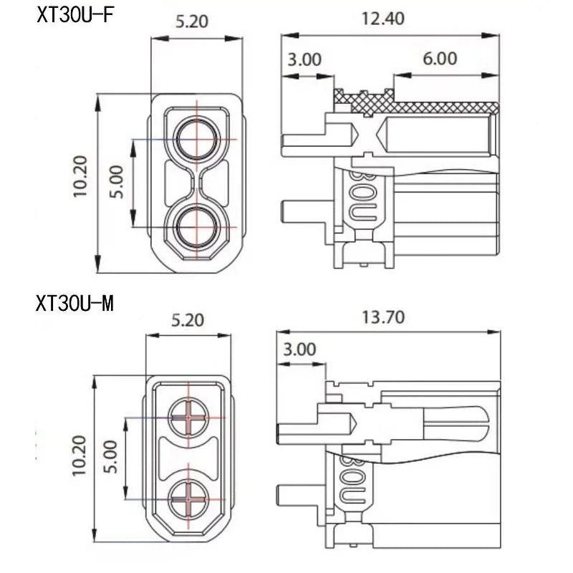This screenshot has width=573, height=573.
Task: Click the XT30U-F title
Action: (x=75, y=15)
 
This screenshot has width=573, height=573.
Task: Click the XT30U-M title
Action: (x=75, y=303)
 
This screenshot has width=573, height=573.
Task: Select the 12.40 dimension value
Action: (x=382, y=19)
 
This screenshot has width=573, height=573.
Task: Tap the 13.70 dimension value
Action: (x=383, y=317)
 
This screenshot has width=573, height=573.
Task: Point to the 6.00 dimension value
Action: (x=440, y=59)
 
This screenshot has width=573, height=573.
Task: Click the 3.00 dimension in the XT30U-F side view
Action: (x=304, y=59)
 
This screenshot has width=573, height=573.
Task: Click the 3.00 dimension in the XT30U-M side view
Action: (x=299, y=350)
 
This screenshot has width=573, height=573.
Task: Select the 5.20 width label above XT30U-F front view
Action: (x=192, y=21)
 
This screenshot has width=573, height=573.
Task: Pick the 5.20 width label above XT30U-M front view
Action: (x=188, y=320)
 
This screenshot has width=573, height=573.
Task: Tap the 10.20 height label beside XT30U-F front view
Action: (x=80, y=177)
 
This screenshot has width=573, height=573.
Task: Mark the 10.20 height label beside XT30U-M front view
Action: (x=79, y=456)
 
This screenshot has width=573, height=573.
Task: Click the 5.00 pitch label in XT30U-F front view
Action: (x=117, y=182)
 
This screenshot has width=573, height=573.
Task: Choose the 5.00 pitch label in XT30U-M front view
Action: (x=110, y=457)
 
